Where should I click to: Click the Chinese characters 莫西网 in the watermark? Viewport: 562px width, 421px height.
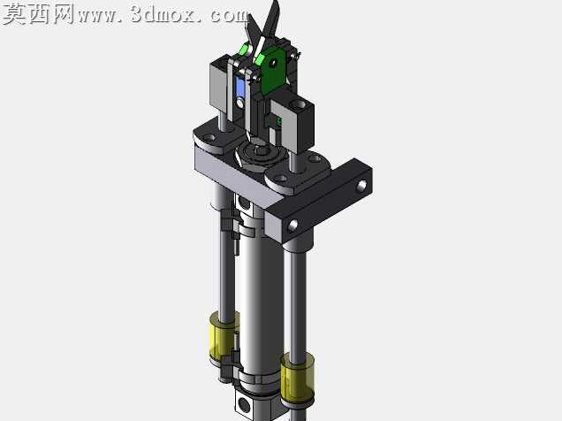coord(39,14)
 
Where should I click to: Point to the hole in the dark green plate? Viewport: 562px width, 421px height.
coord(273,63)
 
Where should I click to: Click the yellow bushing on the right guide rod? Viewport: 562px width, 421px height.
coord(298,377)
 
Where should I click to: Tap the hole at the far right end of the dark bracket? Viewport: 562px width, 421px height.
coord(362,186)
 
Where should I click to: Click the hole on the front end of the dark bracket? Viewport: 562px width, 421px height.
coord(293,226)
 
